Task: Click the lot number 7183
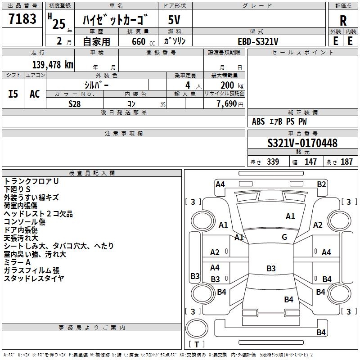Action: pos(22,19)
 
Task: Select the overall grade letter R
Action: pos(343,21)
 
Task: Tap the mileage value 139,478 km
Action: pos(53,65)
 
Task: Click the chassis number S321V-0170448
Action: pos(302,143)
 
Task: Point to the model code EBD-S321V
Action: pos(258,41)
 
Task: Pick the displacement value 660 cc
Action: pos(143,41)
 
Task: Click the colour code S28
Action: pos(74,104)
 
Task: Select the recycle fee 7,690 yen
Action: pos(230,104)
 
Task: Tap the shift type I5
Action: pos(13,94)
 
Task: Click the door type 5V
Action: pos(174,20)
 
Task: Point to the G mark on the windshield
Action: pos(284,237)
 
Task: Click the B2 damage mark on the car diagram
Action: pos(321,184)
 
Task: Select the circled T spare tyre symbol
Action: pos(197,328)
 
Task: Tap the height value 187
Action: pos(346,162)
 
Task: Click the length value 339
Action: pos(273,162)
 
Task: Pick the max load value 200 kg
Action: pos(232,85)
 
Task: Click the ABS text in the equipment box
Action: pos(258,121)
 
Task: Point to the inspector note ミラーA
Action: pos(17,262)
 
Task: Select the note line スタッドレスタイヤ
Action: pos(34,278)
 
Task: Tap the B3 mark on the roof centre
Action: pos(271,268)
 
